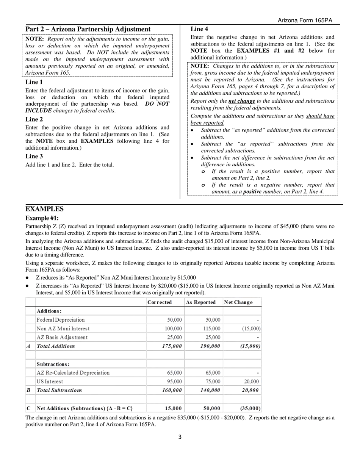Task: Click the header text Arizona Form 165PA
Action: click(x=305, y=20)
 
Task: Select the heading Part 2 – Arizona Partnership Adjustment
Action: click(x=88, y=30)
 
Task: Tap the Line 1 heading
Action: click(x=34, y=82)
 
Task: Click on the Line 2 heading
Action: click(x=34, y=119)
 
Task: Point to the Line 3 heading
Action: click(x=34, y=156)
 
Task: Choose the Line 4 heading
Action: click(x=199, y=29)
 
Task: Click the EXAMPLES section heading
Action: click(x=44, y=209)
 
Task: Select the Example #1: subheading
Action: click(x=42, y=218)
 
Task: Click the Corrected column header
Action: click(x=159, y=302)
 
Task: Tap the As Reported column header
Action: click(x=200, y=302)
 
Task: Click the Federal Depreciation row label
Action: click(x=61, y=320)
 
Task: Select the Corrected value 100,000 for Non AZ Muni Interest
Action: click(x=173, y=328)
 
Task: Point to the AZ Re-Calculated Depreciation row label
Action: click(x=73, y=373)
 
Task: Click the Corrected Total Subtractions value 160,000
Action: click(x=172, y=390)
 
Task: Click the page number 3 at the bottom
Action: click(x=180, y=437)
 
